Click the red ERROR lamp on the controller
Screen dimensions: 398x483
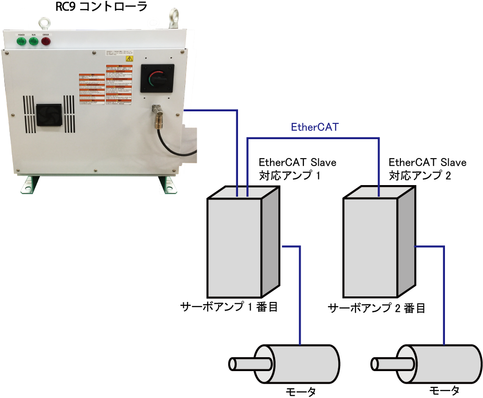(x=45, y=41)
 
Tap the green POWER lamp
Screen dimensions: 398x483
(x=21, y=41)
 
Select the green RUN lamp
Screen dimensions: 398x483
(x=33, y=41)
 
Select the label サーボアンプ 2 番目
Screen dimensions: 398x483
(x=376, y=308)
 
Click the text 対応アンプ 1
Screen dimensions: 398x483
(x=290, y=176)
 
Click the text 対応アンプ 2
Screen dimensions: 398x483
(x=419, y=176)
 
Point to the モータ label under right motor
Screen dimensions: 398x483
(x=444, y=390)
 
